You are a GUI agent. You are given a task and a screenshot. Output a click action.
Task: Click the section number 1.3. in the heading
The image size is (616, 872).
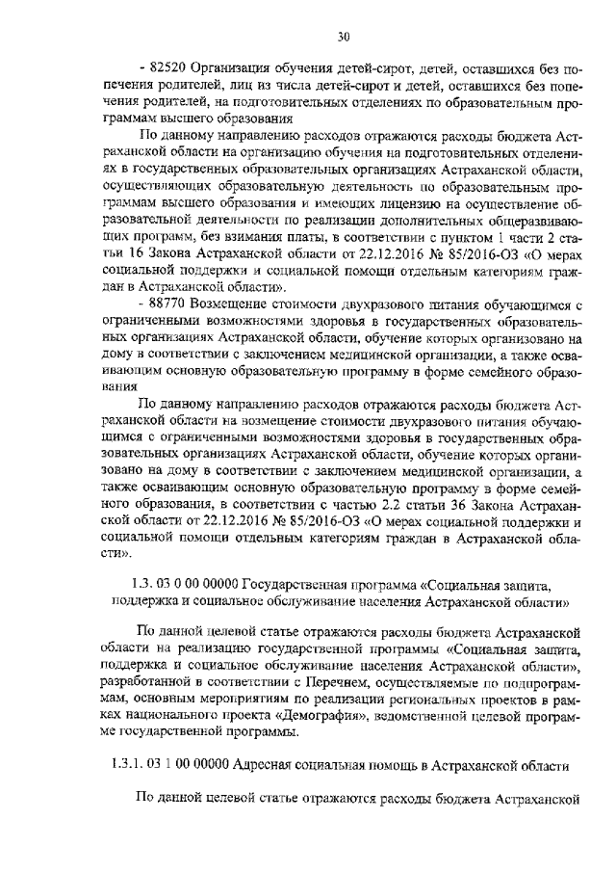(x=143, y=585)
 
